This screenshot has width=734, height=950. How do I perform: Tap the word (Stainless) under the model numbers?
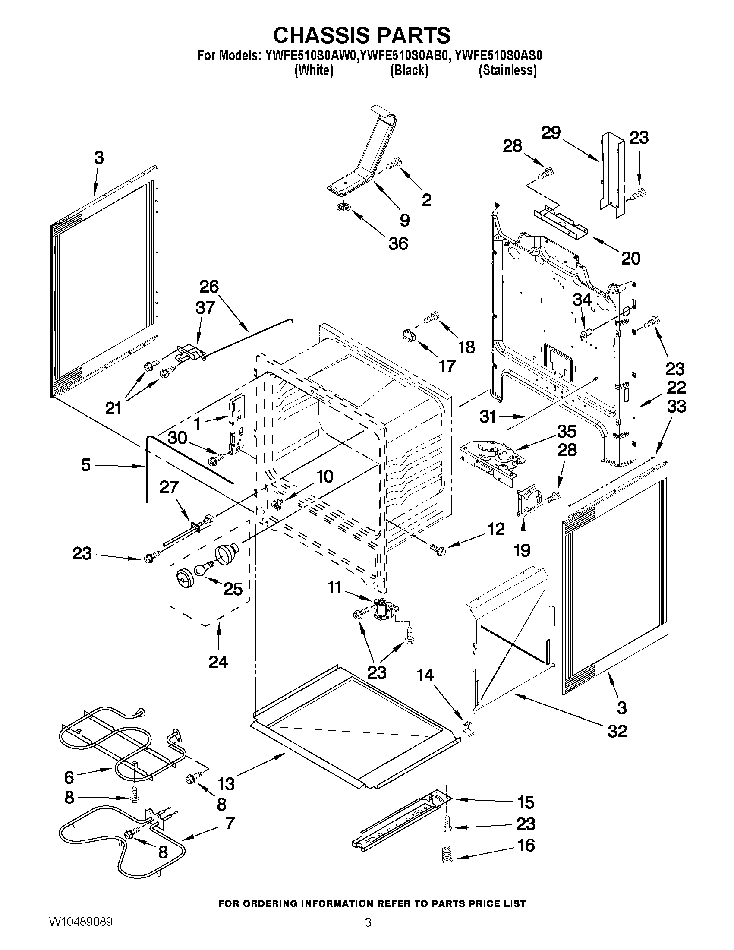[507, 70]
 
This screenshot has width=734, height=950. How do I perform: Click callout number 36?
[398, 243]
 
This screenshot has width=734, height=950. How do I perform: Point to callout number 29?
[551, 133]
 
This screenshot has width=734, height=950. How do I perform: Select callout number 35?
[567, 431]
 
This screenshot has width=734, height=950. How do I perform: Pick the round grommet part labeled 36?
[343, 208]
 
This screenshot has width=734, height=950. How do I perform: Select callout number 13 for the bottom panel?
[226, 783]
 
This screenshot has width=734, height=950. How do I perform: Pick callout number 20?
[630, 259]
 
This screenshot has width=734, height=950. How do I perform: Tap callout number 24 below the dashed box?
[218, 662]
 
